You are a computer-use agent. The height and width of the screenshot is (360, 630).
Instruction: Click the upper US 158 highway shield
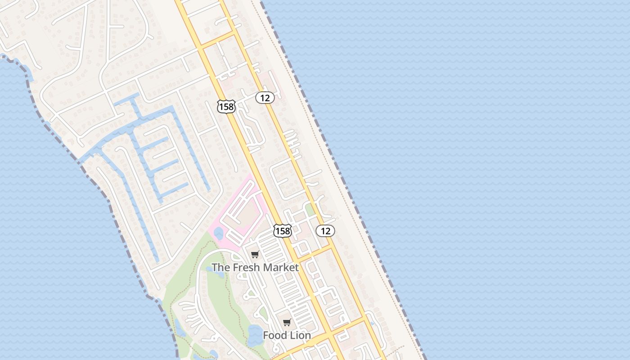226,106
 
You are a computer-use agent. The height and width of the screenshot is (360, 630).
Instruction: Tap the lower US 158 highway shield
283,231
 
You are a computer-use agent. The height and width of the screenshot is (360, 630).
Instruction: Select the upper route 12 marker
265,97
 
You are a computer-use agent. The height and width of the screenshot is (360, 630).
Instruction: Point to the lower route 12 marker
325,231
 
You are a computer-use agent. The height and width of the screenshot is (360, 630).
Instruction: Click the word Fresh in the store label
246,267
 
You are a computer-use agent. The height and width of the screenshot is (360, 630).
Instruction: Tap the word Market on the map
281,267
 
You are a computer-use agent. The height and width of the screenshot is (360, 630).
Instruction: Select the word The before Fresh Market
220,267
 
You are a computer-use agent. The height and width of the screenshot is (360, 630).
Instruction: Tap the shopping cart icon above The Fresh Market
255,255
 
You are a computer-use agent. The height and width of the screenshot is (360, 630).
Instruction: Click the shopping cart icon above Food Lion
287,323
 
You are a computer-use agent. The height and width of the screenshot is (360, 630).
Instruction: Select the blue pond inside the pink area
219,233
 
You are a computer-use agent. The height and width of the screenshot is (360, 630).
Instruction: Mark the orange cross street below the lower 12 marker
315,253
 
